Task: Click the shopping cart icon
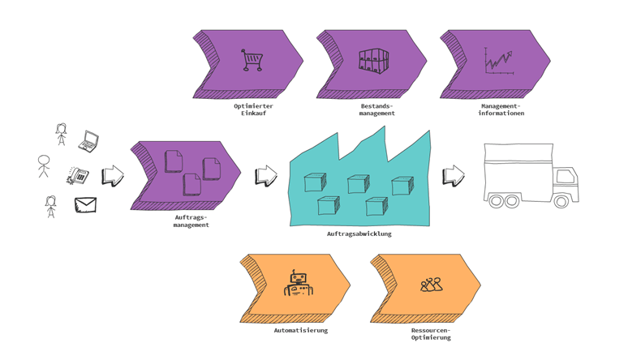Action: (x=252, y=60)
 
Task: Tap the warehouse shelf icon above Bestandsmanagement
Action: (x=373, y=61)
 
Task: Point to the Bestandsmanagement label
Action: (x=376, y=109)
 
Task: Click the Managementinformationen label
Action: (x=501, y=109)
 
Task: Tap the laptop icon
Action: (x=88, y=142)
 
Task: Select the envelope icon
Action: (x=85, y=205)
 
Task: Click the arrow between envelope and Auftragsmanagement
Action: (x=113, y=176)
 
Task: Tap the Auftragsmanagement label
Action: (x=191, y=221)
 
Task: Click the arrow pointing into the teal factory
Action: (x=266, y=176)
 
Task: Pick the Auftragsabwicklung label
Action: (x=359, y=234)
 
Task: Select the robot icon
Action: (x=299, y=285)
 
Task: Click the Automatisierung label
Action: (x=300, y=330)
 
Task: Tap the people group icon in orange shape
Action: (x=432, y=285)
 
